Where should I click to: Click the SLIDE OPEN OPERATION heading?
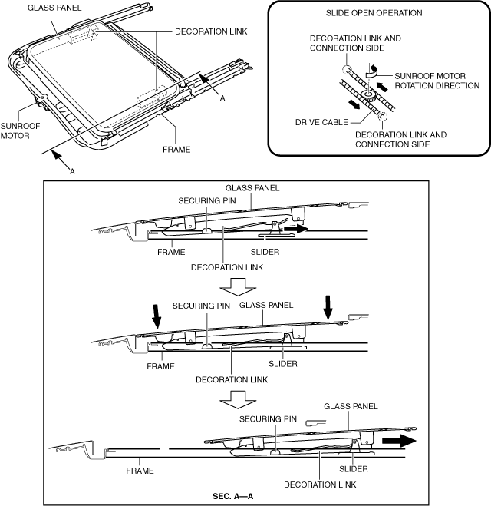(374, 13)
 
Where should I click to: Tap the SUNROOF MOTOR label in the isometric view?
(20, 131)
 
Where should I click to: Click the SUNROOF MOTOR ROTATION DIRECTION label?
(437, 81)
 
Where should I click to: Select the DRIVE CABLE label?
(321, 122)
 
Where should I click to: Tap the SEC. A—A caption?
(232, 496)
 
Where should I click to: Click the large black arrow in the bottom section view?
(399, 441)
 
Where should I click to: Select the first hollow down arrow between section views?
(238, 287)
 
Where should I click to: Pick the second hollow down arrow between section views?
(238, 400)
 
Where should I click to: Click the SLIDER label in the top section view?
(265, 252)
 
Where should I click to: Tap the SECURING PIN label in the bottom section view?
(268, 419)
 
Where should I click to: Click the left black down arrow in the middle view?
(157, 316)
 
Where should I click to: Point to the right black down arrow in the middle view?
(328, 308)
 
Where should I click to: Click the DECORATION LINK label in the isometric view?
(211, 31)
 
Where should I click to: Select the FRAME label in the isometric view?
(176, 150)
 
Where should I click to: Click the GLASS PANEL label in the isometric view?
(54, 8)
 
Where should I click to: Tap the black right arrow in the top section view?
(295, 229)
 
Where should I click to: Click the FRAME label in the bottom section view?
(140, 471)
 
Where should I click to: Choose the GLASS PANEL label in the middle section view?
(266, 305)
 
